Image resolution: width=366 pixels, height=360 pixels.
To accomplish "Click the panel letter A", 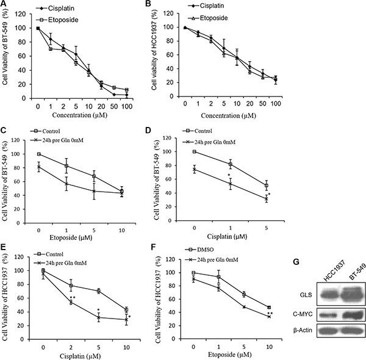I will (x=5, y=5).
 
